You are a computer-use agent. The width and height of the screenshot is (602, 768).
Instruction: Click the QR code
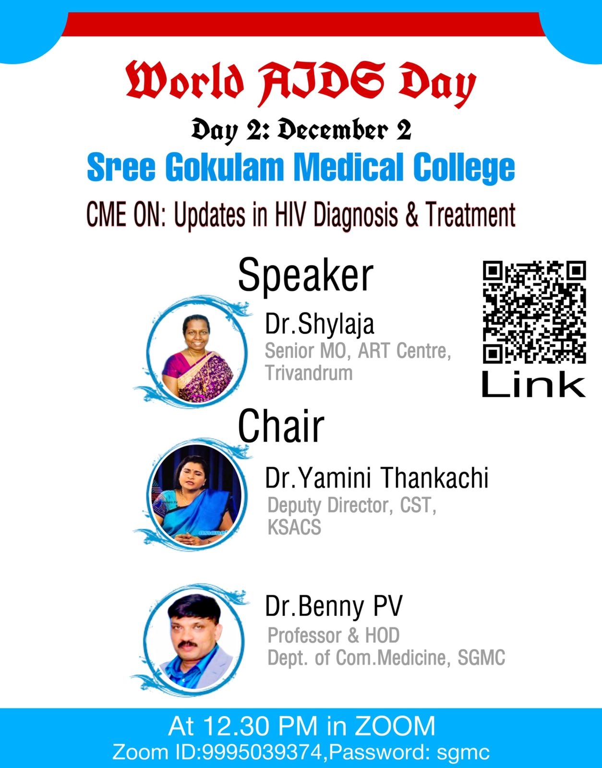[x=534, y=312]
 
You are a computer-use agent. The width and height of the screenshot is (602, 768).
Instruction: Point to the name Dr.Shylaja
[x=320, y=324]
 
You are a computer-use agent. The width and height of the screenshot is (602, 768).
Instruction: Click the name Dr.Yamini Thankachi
[x=377, y=478]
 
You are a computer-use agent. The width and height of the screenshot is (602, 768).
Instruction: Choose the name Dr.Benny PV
[x=334, y=606]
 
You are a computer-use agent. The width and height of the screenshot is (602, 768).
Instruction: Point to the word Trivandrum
[x=309, y=373]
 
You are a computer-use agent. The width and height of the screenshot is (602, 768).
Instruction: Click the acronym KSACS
[x=294, y=528]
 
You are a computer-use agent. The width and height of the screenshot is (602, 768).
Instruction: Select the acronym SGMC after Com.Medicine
[x=481, y=658]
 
